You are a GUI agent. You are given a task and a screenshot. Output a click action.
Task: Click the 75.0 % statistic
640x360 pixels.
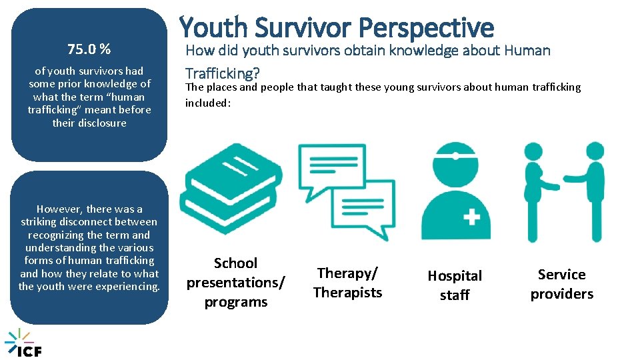(x=89, y=49)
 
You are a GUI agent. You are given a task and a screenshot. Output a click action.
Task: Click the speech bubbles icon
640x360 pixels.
(x=346, y=191)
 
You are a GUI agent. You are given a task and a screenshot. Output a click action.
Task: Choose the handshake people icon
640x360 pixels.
(x=563, y=191)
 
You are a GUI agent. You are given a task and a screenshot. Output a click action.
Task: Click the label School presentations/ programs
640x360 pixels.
(x=235, y=283)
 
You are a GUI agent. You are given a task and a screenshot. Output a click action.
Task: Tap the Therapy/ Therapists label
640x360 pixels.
(x=347, y=283)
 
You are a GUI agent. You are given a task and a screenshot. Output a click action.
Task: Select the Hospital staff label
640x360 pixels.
(x=455, y=285)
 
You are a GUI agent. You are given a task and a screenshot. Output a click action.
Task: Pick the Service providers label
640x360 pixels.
(x=561, y=284)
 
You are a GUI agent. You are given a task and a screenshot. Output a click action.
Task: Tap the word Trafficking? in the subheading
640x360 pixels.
(x=222, y=72)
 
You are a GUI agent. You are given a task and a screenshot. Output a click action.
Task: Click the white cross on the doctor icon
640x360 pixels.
(x=471, y=217)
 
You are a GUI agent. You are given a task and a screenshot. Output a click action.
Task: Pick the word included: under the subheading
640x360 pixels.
(x=207, y=103)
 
